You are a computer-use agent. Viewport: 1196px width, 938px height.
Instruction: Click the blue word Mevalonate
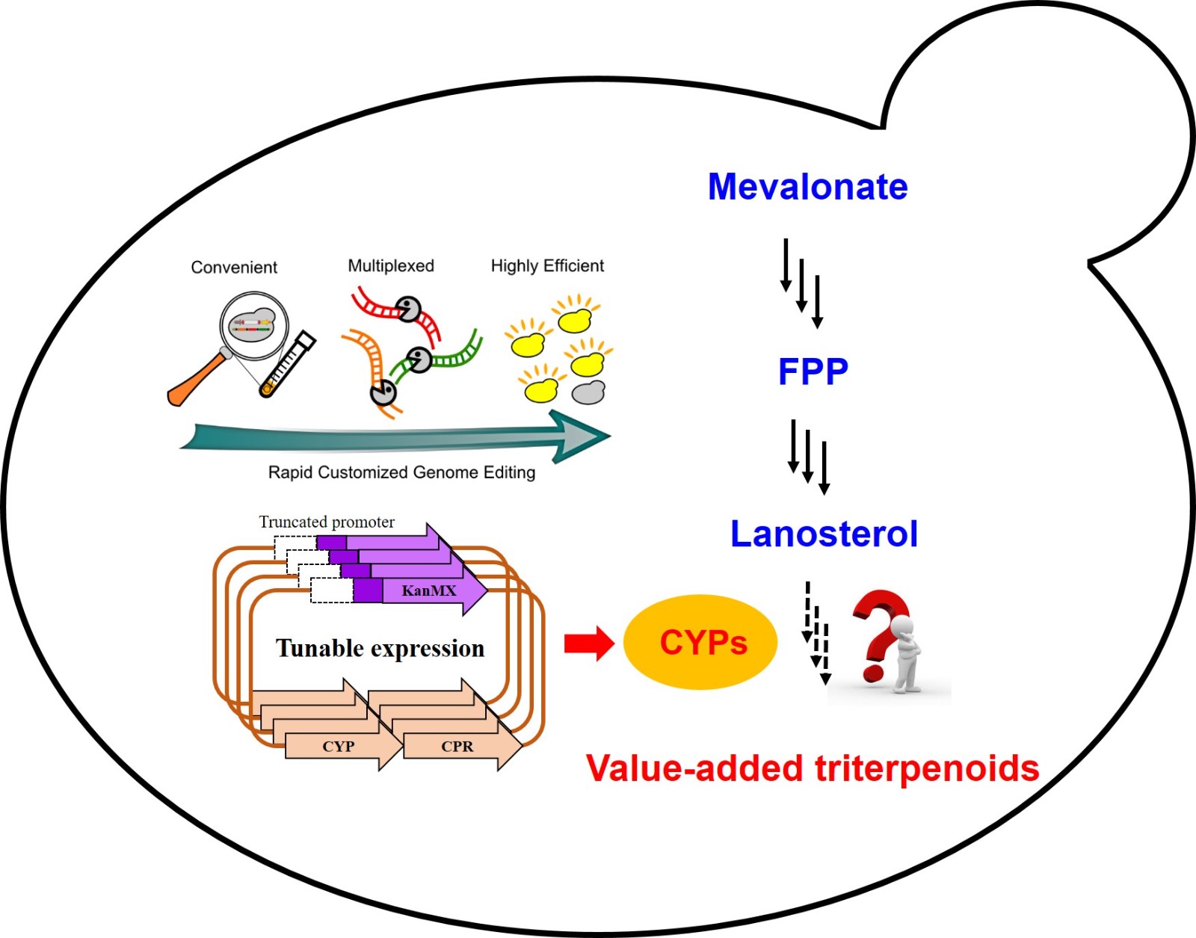coord(807,187)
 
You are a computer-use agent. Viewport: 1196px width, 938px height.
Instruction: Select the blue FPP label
coord(813,371)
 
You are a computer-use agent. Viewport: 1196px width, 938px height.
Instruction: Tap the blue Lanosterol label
coord(824,534)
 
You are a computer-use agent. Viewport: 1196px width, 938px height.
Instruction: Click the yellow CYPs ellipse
coord(700,642)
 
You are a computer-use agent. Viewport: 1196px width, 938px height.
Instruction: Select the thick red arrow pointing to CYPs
coord(588,643)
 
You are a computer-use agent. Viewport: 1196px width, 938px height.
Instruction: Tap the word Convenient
coord(234,268)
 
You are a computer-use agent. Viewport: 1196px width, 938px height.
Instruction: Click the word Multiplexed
coord(391,266)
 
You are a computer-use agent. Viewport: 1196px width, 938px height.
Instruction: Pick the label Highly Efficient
coord(547,266)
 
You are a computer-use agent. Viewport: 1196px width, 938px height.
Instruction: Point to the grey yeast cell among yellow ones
coord(588,392)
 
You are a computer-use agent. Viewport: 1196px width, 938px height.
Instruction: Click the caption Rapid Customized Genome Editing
coord(401,472)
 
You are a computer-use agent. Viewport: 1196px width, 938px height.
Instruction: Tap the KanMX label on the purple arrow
coord(428,591)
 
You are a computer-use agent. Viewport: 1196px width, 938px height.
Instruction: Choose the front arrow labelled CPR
coord(457,747)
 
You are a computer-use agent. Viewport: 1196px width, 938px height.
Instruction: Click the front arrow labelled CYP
coord(339,747)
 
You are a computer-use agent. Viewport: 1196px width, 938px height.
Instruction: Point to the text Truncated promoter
coord(327,522)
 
